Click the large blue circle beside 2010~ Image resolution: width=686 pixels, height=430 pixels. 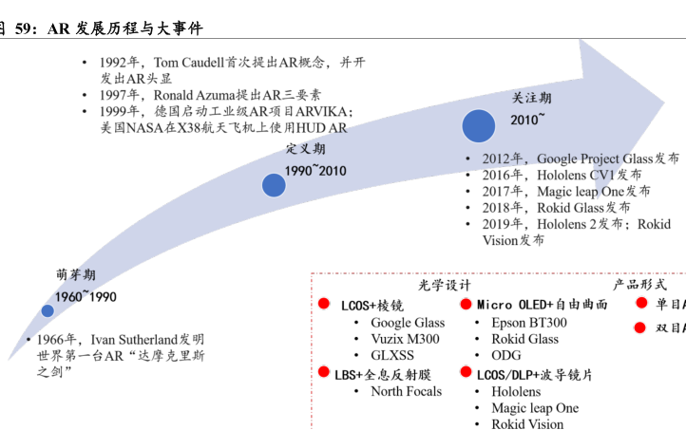(478, 127)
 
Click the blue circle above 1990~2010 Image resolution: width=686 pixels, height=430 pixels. (275, 185)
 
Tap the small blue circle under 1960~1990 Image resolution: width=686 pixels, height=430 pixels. (48, 310)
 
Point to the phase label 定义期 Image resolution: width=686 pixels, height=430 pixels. (306, 149)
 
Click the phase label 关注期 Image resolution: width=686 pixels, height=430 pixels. (531, 98)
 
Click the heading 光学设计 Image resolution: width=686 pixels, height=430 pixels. (445, 286)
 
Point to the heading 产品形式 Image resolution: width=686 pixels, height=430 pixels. (639, 284)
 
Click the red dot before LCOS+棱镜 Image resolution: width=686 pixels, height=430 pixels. (323, 305)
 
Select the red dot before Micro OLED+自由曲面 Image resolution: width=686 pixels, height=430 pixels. (467, 304)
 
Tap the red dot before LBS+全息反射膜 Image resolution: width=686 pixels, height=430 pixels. (323, 373)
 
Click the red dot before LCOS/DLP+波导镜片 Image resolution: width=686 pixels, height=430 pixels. (467, 374)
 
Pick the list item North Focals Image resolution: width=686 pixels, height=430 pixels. (406, 391)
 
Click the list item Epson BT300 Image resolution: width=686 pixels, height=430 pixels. (528, 323)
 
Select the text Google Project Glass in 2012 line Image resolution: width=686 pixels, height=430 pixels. (595, 159)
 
